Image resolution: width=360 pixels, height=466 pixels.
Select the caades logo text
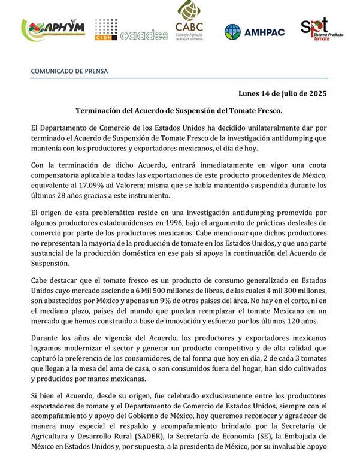144,35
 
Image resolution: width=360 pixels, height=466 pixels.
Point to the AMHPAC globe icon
232,32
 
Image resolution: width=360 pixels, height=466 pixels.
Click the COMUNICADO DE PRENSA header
69,70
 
